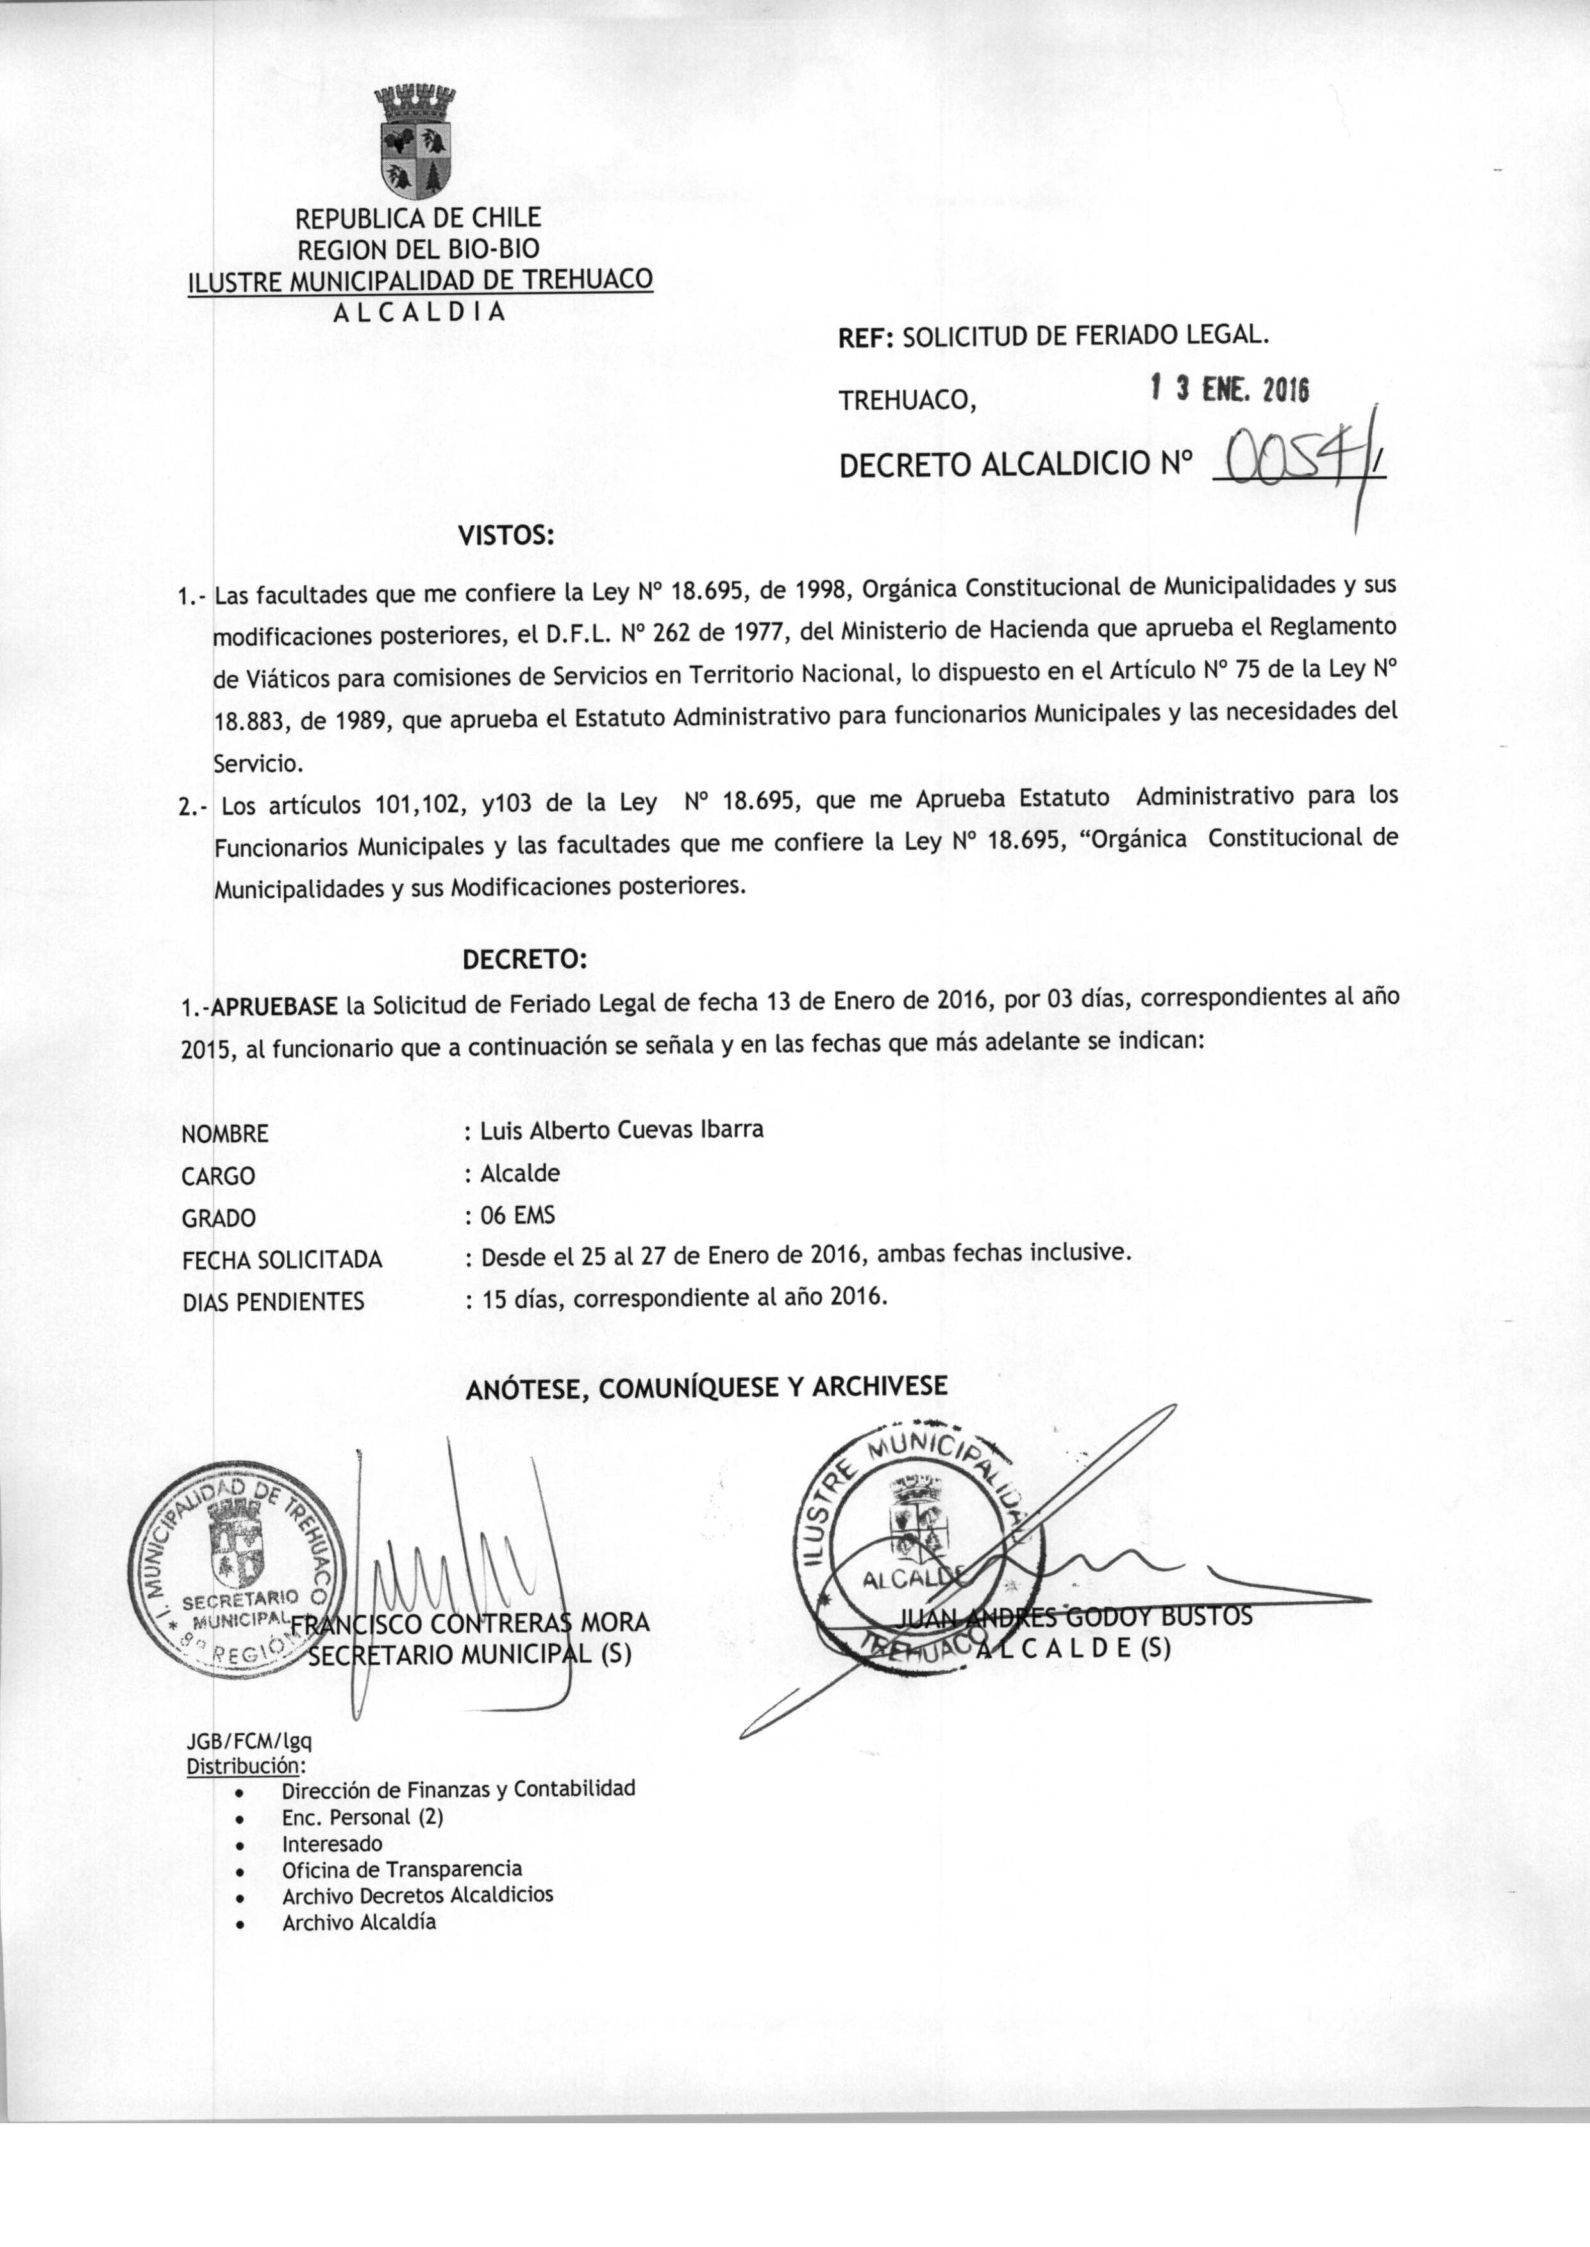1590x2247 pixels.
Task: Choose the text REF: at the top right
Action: click(x=866, y=338)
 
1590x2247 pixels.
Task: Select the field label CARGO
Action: click(x=219, y=1176)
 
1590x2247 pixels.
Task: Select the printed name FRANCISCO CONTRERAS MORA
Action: click(x=470, y=1623)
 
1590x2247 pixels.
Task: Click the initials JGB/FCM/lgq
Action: click(x=249, y=1741)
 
